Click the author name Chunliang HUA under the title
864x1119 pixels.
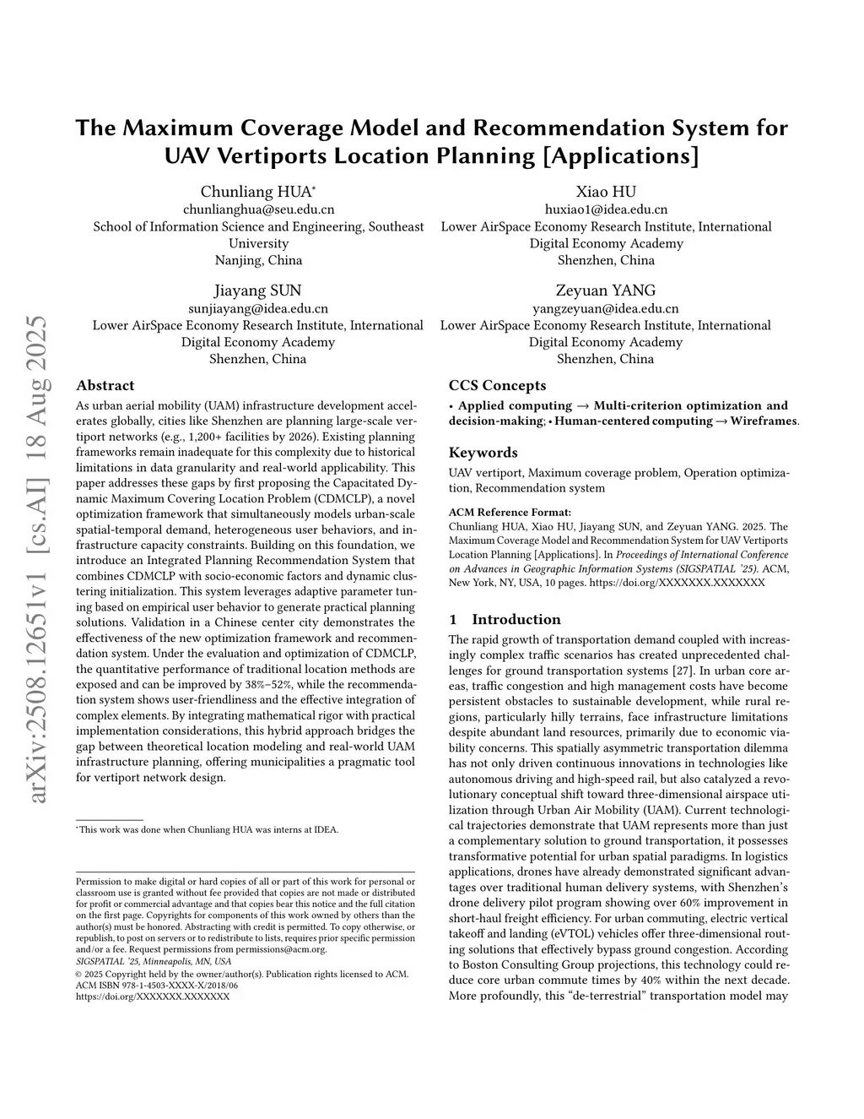tap(256, 192)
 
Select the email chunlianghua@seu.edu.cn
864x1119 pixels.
tap(258, 209)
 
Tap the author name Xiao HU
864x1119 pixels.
tap(606, 192)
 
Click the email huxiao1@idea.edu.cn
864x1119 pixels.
tap(606, 209)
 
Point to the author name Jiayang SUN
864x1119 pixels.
tap(257, 291)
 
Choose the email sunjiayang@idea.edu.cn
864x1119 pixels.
tap(257, 308)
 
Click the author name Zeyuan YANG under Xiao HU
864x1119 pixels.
tap(605, 291)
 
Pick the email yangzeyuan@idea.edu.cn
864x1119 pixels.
tap(605, 308)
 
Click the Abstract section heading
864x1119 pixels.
tap(105, 386)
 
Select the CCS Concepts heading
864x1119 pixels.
tap(497, 386)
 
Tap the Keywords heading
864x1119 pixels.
tap(483, 453)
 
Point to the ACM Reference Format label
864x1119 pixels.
tap(510, 512)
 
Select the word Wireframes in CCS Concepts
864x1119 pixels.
tap(764, 421)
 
